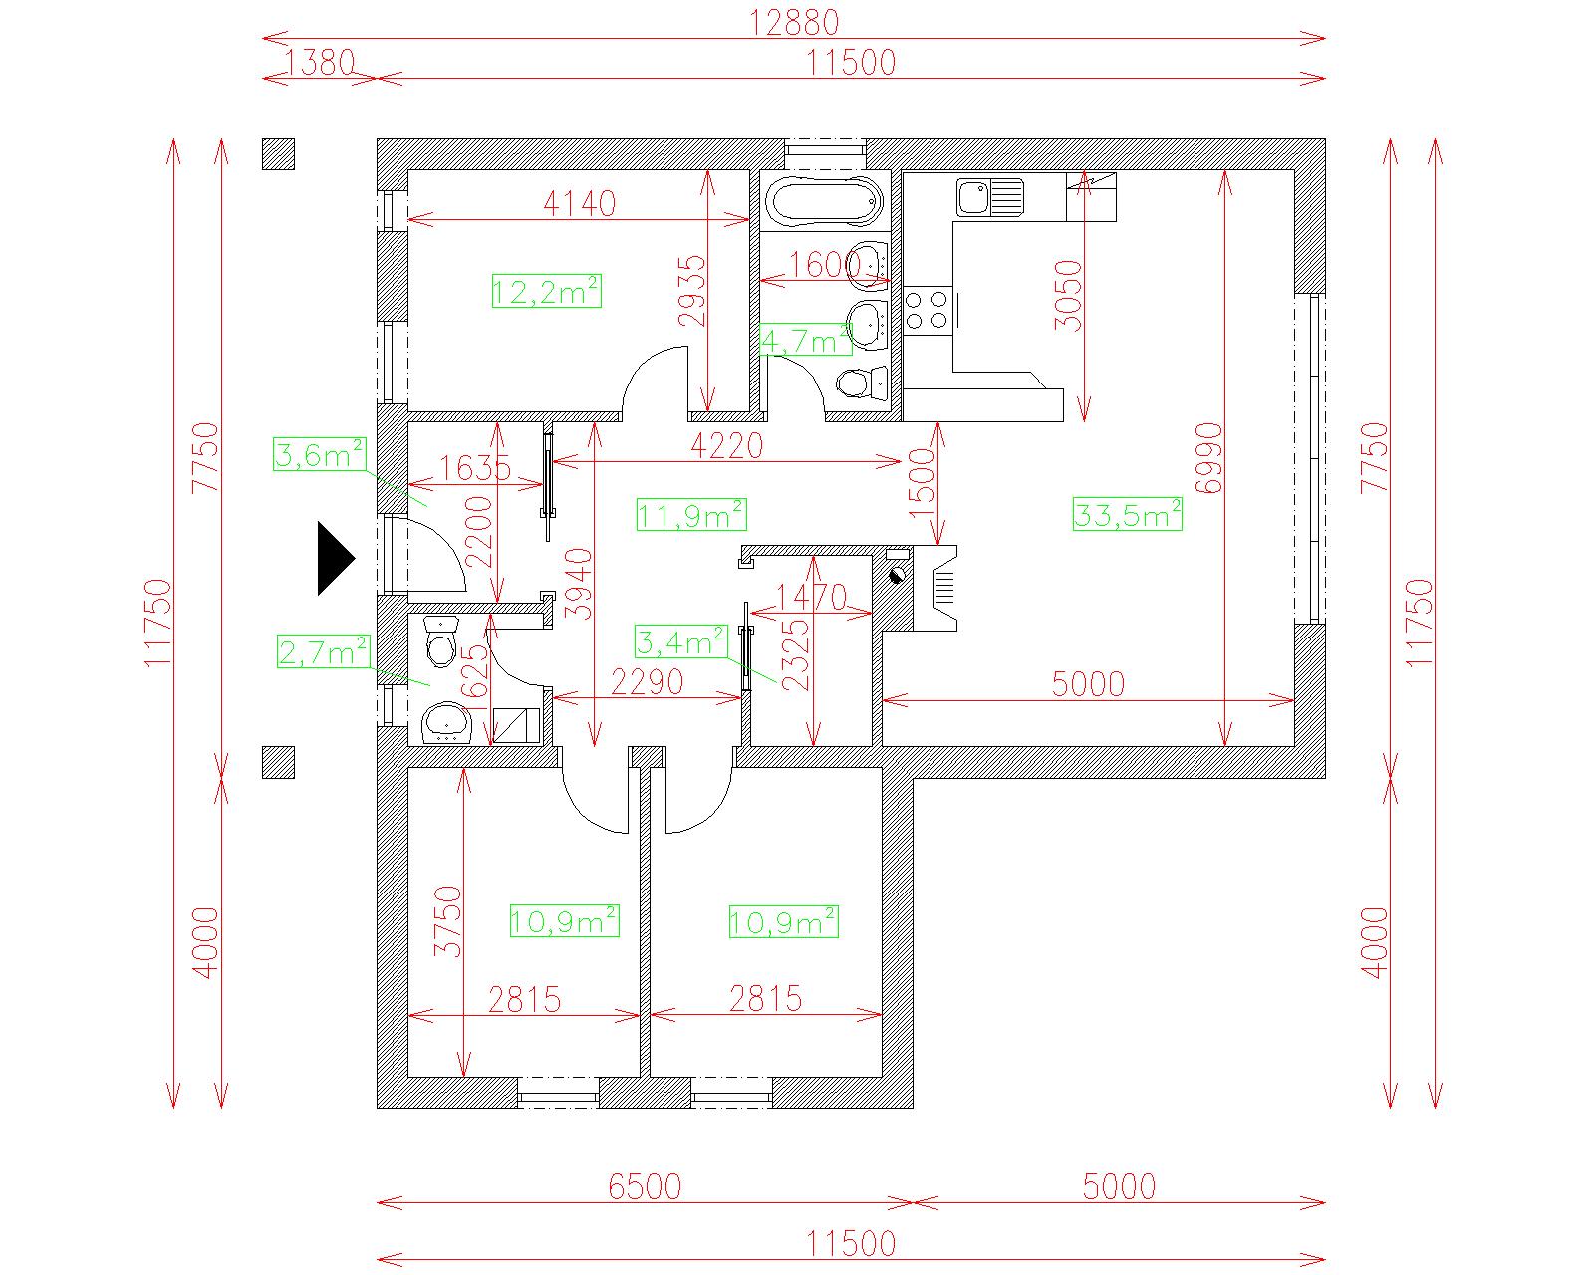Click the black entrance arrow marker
tap(336, 558)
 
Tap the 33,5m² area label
tap(1127, 514)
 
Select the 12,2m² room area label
tap(547, 291)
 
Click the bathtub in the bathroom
tap(823, 201)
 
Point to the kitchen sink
tap(989, 198)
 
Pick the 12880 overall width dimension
tap(794, 22)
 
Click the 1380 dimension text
tap(320, 62)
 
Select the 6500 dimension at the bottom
tap(645, 1186)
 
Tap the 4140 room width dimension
tap(579, 204)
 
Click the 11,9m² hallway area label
tap(691, 514)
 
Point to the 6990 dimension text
tap(1208, 458)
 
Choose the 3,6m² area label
tap(319, 454)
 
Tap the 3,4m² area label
tap(681, 641)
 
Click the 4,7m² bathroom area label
tap(806, 340)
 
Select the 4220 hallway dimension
tap(726, 446)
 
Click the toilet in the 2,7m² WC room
tap(441, 641)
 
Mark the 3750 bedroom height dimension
tap(448, 920)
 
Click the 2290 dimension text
tap(647, 682)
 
